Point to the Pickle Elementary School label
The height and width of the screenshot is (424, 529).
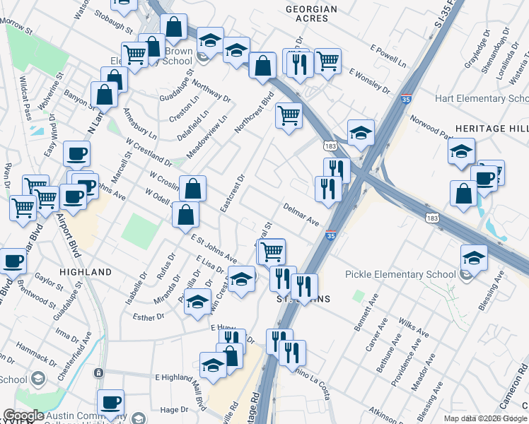tap(400, 274)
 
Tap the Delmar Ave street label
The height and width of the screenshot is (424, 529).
tap(301, 215)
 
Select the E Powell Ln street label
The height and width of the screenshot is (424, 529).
tap(388, 55)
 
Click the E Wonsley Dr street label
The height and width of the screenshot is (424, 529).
tap(369, 82)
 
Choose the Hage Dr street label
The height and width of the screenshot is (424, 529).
tap(174, 409)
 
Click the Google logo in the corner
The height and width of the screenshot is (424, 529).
tap(23, 416)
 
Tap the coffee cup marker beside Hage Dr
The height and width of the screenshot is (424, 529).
tap(110, 401)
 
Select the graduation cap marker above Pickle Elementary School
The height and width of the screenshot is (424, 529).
tap(473, 256)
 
